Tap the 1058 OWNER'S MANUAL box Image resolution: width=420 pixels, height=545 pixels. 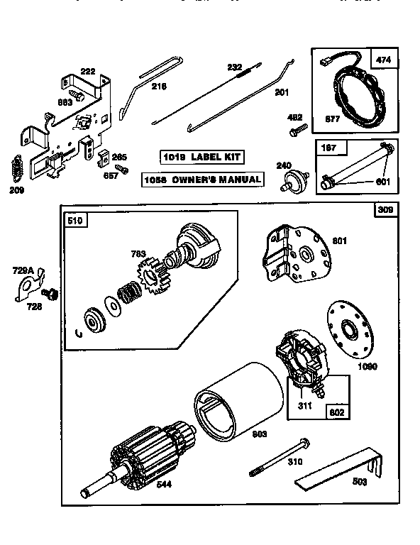tap(201, 180)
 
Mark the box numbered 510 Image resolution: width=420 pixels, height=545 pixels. tap(75, 220)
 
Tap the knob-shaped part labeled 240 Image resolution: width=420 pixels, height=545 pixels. tap(288, 180)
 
